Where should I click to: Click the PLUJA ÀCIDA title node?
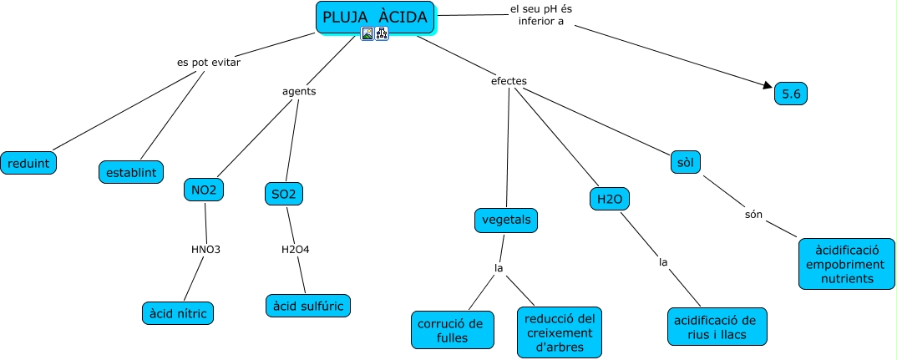click(x=375, y=18)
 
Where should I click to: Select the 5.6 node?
click(x=791, y=94)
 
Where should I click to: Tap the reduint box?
click(x=29, y=163)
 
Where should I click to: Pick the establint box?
click(x=131, y=172)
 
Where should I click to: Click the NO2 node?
click(x=204, y=190)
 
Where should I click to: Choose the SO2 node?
click(x=283, y=194)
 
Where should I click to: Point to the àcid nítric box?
click(x=178, y=313)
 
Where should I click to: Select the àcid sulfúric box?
click(x=308, y=306)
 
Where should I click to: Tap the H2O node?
click(x=608, y=199)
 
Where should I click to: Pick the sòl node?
click(x=686, y=162)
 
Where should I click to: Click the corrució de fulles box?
click(x=452, y=330)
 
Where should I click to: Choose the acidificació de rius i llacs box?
click(x=717, y=327)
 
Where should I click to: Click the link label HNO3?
click(x=205, y=249)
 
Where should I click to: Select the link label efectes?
click(x=509, y=81)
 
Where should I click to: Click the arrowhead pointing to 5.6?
click(x=769, y=85)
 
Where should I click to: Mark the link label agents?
click(x=299, y=92)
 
